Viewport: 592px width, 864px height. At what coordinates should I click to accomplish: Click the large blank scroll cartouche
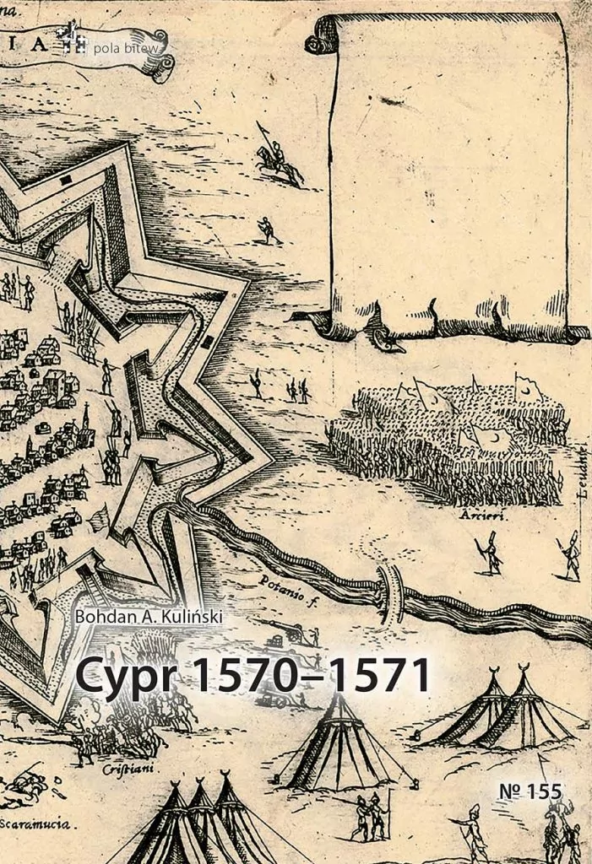tap(448, 169)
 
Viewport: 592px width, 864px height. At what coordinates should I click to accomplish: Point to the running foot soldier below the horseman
tap(268, 229)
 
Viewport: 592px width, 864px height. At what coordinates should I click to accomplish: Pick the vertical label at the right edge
tap(582, 489)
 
